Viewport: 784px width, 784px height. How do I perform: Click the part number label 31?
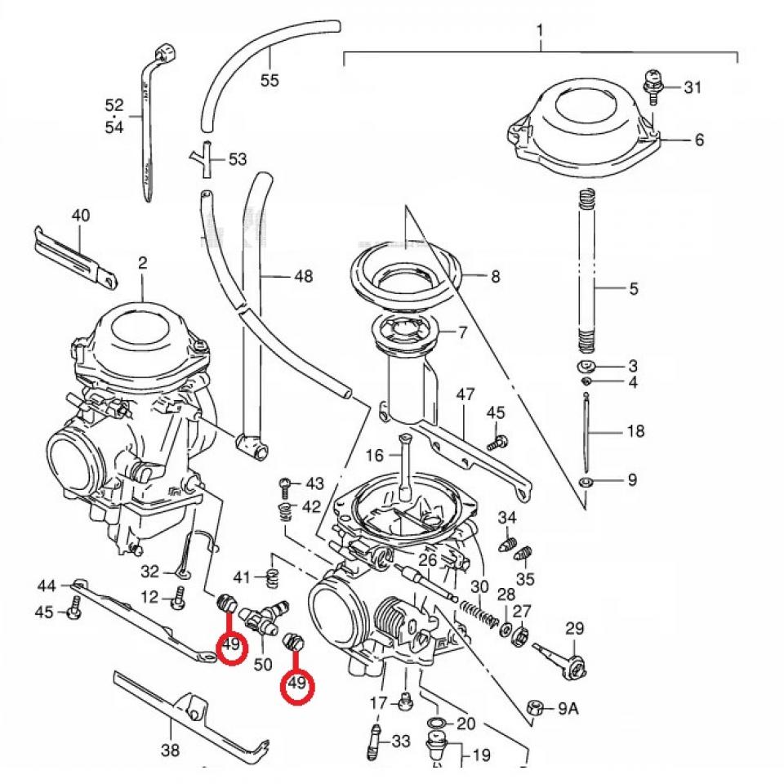point(693,87)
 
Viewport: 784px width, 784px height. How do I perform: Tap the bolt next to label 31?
point(652,86)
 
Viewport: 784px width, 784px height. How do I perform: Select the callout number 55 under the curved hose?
point(269,80)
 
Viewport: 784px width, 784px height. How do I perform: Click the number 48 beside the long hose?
point(303,277)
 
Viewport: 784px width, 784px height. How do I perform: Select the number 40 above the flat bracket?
point(81,216)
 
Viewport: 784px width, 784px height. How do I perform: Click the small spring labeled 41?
point(274,578)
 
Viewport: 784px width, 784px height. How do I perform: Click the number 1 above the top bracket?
point(540,31)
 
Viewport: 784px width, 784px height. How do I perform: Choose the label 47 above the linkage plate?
point(465,395)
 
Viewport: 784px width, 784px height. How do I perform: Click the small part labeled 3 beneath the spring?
point(587,367)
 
